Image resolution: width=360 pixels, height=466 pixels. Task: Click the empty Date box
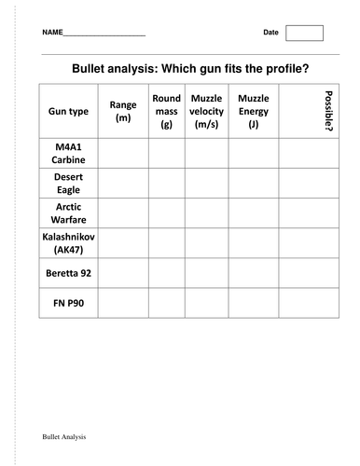coord(303,33)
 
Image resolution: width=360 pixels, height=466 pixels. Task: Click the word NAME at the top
coord(52,34)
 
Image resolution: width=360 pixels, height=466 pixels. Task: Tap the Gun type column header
coord(68,111)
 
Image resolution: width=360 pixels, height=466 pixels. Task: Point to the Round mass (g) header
coord(166,111)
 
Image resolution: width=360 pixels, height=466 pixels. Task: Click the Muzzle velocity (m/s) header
coord(206,111)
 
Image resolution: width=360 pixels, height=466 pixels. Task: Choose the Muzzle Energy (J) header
coord(254,111)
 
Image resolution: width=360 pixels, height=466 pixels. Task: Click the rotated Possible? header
coord(326,111)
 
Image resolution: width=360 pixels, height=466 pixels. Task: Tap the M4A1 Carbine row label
coord(68,153)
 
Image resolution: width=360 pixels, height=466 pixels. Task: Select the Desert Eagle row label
coord(68,183)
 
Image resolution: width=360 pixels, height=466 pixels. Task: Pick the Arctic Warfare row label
coord(68,212)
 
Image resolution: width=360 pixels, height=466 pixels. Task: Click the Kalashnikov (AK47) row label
coord(68,243)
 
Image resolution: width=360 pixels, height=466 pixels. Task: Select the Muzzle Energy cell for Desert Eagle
coord(254,183)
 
